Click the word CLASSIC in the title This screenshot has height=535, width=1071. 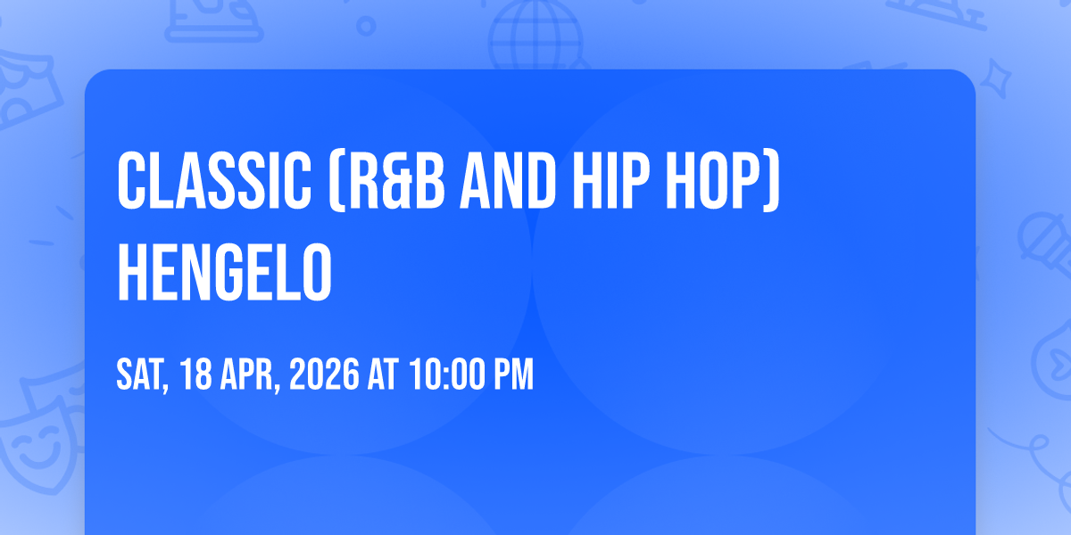click(214, 181)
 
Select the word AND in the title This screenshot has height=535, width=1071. click(508, 181)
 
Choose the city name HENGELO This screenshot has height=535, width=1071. click(224, 272)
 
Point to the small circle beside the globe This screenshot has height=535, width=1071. click(366, 26)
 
